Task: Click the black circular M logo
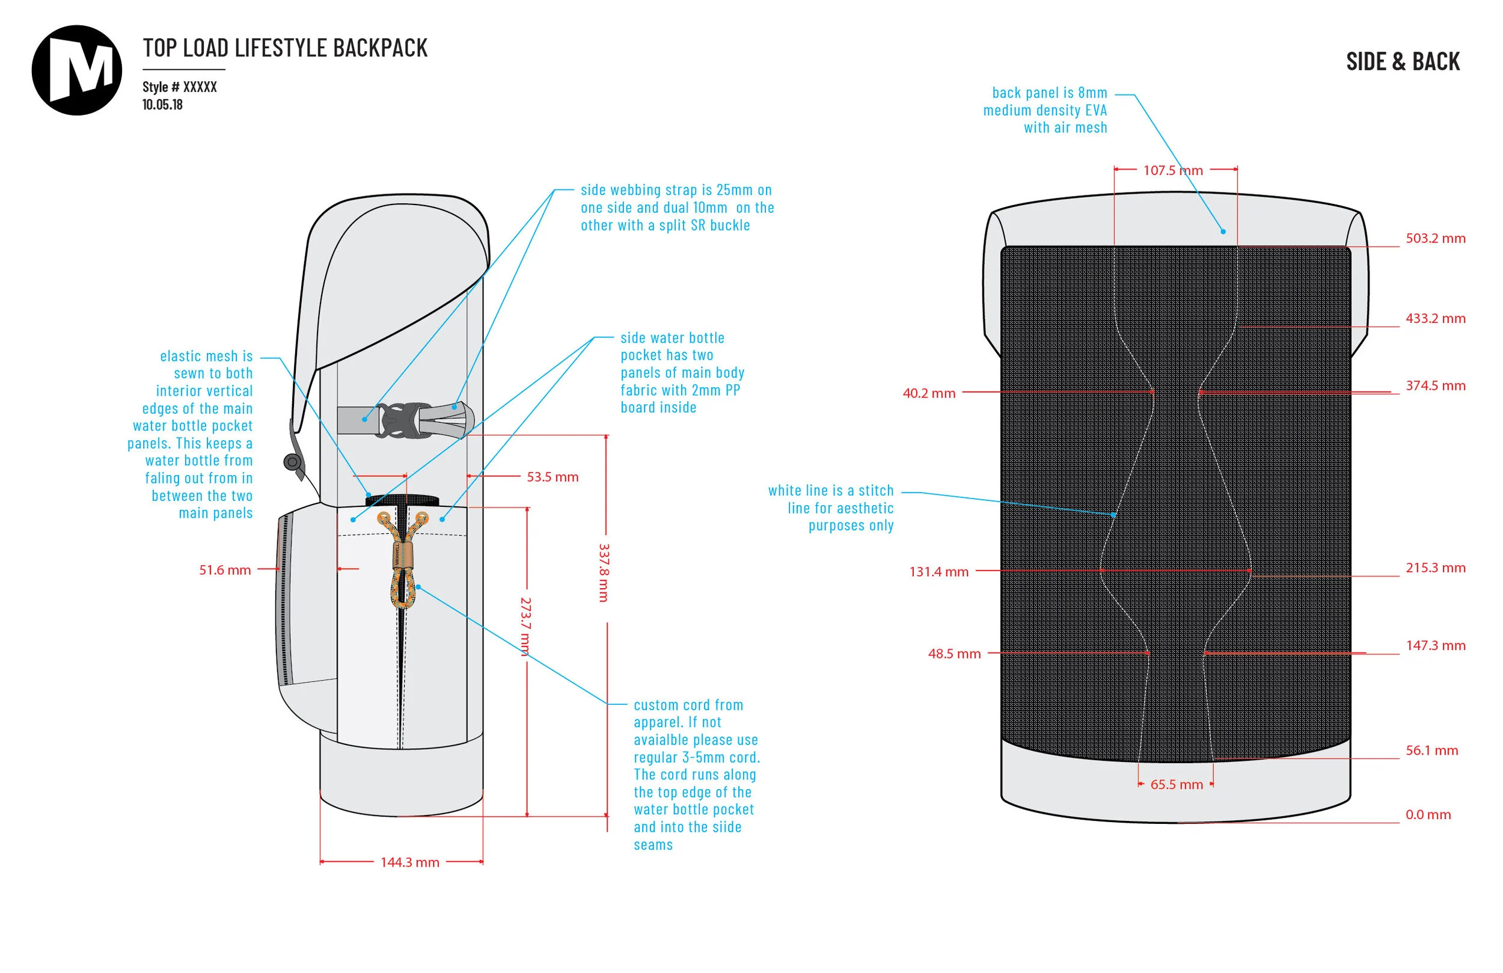(76, 70)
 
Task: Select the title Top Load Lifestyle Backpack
(285, 48)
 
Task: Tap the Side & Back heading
(1403, 62)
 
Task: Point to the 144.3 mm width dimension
(409, 862)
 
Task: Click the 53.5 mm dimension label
(553, 477)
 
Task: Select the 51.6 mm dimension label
(225, 570)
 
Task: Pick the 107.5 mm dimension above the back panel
(1173, 171)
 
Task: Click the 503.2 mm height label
(1435, 238)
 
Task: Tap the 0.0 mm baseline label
(1428, 814)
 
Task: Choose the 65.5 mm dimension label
(1177, 785)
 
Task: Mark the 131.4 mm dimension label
(938, 572)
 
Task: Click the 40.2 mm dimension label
(928, 393)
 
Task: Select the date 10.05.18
(162, 105)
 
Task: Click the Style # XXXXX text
(179, 87)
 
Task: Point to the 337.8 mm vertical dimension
(604, 572)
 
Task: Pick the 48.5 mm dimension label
(954, 654)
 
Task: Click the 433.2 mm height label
(1435, 319)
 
